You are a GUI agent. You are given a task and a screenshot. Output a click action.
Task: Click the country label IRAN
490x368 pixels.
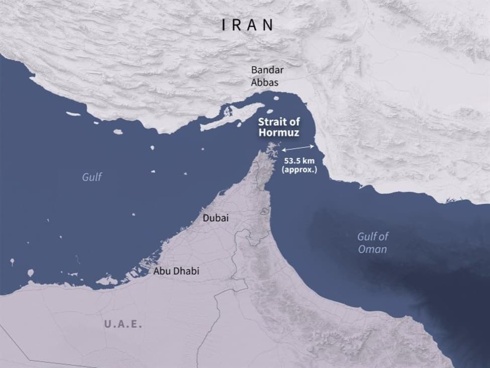point(248,25)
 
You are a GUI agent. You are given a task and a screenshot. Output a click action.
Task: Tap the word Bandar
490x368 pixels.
point(264,71)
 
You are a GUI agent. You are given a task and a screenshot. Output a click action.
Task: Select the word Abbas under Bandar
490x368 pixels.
point(264,82)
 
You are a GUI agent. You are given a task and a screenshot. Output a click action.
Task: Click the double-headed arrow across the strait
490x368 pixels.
point(299,148)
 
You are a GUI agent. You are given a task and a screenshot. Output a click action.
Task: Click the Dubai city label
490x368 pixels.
point(216,218)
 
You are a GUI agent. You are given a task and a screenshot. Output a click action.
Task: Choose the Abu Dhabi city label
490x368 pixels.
point(176,271)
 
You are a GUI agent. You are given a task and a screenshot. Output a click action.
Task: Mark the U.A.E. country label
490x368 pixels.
point(123,324)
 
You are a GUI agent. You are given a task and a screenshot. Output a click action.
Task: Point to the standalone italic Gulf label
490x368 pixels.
point(92,177)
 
